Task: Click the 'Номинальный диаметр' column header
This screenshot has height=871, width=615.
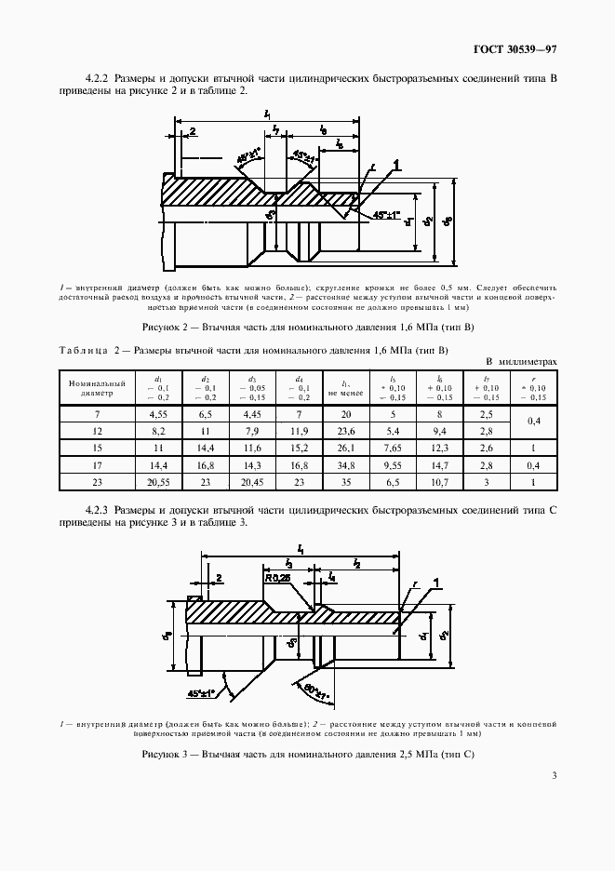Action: tap(89, 387)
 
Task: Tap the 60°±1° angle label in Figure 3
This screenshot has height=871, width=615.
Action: tap(313, 690)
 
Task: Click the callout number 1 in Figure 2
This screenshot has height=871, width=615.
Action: tap(396, 165)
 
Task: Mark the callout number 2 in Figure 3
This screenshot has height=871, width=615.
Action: tap(219, 578)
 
